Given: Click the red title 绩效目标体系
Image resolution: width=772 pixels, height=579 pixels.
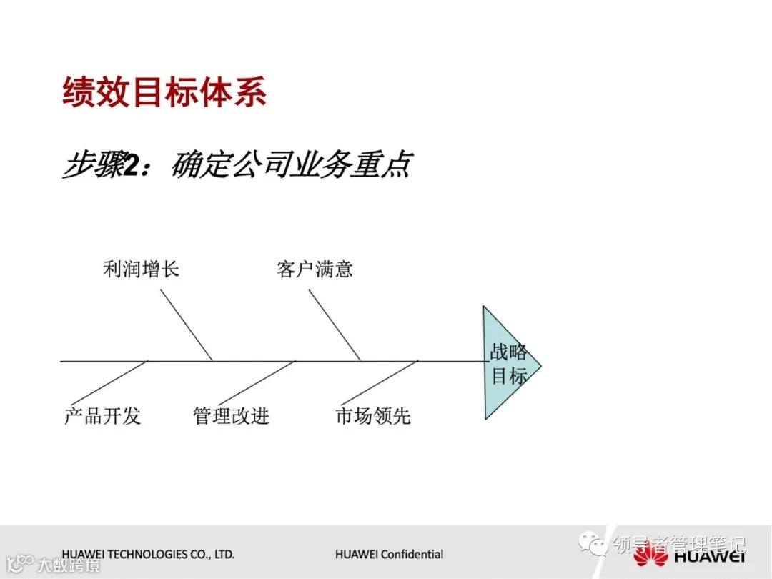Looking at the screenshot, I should (x=164, y=93).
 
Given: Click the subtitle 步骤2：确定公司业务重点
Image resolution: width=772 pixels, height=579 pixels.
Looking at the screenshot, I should (x=237, y=165).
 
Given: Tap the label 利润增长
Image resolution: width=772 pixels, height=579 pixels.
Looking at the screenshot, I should (x=141, y=269).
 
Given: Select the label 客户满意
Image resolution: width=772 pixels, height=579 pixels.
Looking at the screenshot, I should (x=315, y=269).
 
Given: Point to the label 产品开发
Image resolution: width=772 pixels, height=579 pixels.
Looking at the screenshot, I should (x=102, y=416).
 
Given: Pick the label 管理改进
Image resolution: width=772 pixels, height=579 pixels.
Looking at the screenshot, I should (x=231, y=416).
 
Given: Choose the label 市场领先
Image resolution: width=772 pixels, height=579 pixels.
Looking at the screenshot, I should (x=373, y=416).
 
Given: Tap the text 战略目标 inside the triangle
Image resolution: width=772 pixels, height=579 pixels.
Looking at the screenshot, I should (x=509, y=364).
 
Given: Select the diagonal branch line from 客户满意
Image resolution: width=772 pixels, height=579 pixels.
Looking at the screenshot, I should (x=335, y=325).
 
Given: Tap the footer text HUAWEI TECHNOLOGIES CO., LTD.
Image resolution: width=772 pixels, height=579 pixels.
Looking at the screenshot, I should (x=148, y=555).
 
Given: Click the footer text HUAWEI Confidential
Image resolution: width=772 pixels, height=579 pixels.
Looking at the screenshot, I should (x=389, y=555).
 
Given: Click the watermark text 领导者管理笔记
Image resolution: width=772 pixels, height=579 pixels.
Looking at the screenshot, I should (x=678, y=545).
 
